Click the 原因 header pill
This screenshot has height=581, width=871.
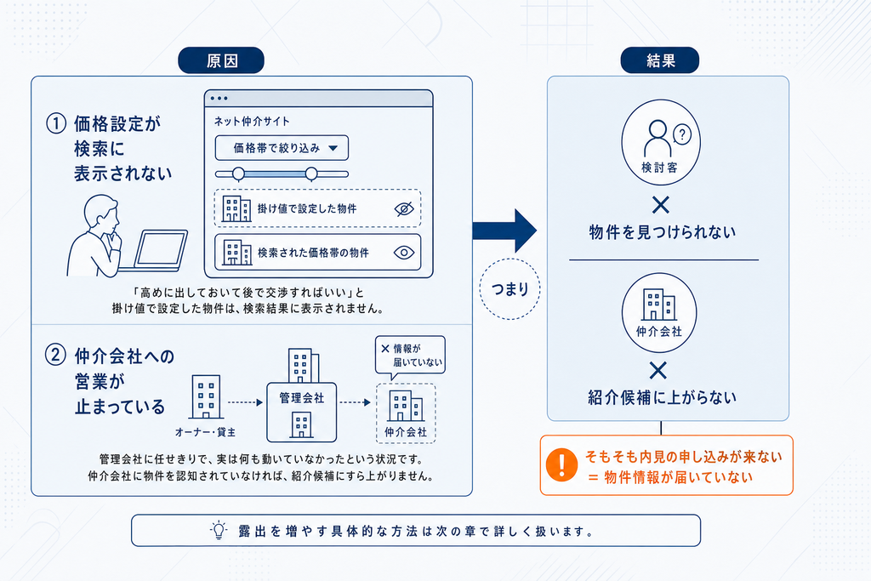[221, 60]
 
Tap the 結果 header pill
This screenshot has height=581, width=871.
[659, 60]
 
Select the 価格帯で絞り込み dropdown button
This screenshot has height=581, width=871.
[282, 148]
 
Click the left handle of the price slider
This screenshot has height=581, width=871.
[238, 174]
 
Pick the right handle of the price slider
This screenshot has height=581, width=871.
[311, 174]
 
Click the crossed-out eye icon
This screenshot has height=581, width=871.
[404, 209]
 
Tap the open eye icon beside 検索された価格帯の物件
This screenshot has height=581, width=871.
[404, 253]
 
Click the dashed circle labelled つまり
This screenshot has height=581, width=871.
[510, 289]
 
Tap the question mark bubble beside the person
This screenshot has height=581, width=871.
[682, 134]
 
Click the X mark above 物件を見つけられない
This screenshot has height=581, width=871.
[660, 205]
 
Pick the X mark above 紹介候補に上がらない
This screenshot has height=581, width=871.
[658, 371]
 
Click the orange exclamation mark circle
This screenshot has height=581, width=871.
[561, 464]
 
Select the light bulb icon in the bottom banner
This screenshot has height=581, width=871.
[219, 531]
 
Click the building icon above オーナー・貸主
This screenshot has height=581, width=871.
[206, 396]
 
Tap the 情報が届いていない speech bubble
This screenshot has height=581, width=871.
[410, 356]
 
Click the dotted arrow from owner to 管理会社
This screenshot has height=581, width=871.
[245, 402]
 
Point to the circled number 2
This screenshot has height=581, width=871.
[55, 355]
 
